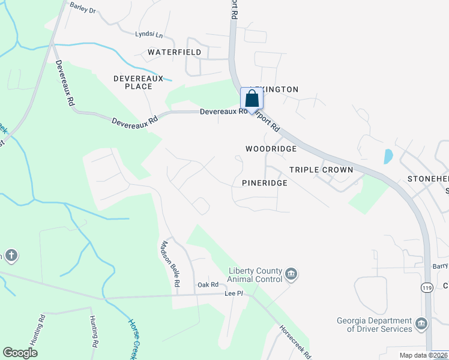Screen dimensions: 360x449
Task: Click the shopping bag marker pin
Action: pos(252,100)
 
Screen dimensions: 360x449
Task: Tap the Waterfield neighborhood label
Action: pos(175,53)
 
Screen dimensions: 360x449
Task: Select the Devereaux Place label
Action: pos(133,82)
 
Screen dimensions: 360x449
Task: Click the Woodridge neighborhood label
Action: pos(271,149)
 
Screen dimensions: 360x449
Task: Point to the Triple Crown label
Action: pos(321,170)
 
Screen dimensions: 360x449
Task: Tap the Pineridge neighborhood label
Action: pos(264,182)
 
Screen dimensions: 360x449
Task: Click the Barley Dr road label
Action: pos(83,8)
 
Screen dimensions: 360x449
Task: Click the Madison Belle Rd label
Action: pos(169,263)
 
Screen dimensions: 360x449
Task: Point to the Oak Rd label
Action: pos(207,284)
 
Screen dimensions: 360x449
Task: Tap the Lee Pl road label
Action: pos(233,294)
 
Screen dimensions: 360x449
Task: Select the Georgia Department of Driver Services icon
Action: pos(422,325)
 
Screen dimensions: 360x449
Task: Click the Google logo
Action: pos(20,353)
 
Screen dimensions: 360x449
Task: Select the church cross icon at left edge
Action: pos(11,256)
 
